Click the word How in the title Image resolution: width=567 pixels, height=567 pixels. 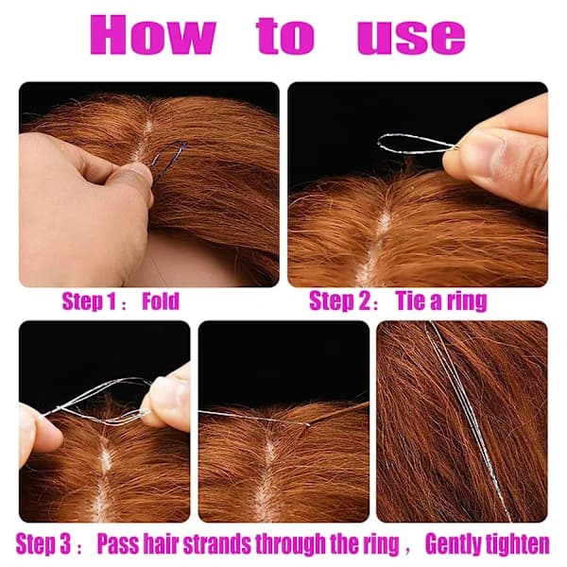click(x=152, y=35)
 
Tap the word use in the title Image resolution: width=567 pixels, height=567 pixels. click(x=411, y=38)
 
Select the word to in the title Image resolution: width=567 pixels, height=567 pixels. click(x=285, y=36)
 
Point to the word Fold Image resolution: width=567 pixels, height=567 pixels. click(x=161, y=301)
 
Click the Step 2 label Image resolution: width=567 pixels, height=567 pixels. click(x=339, y=301)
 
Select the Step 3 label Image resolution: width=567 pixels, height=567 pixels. click(x=43, y=544)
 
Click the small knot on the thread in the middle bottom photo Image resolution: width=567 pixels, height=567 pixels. click(x=307, y=424)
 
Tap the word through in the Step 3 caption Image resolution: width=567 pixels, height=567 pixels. click(x=290, y=544)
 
